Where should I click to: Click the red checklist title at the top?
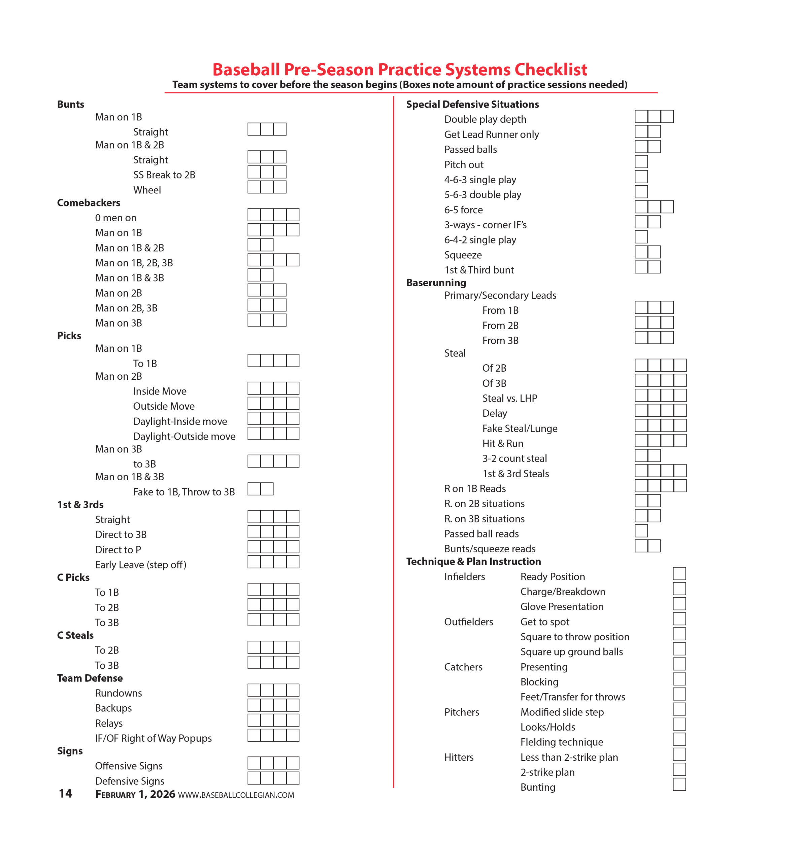(400, 70)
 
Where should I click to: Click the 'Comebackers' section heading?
(89, 203)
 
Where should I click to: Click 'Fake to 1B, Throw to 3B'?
(184, 492)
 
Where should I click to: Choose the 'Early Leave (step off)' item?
(141, 565)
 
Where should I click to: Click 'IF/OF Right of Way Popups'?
(153, 738)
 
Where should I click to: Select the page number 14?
(65, 793)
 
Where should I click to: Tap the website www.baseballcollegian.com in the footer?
(236, 795)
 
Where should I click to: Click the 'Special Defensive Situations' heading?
(472, 104)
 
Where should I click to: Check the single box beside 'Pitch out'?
(641, 162)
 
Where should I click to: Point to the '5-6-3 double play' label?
(483, 195)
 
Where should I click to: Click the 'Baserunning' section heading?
(436, 283)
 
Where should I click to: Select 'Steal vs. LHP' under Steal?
(509, 398)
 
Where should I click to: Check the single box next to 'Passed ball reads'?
(641, 531)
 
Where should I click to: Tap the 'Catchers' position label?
(463, 667)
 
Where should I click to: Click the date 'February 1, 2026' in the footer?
(135, 794)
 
